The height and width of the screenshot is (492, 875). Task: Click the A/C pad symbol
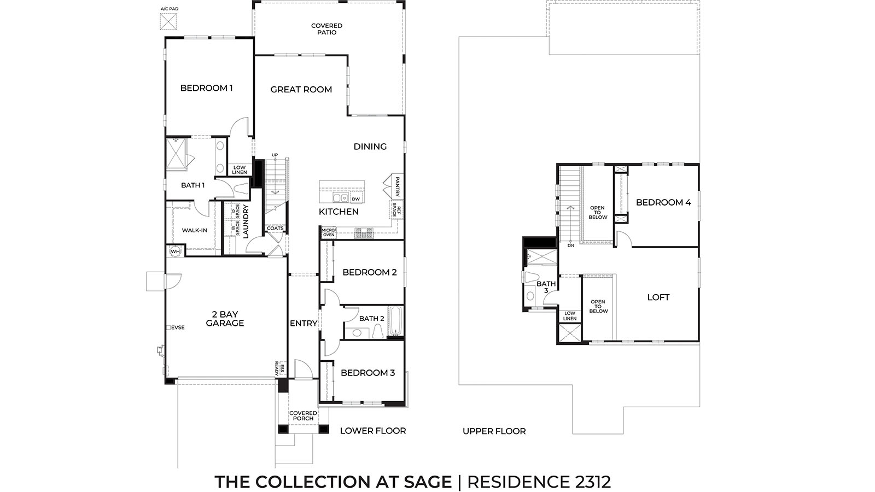pyautogui.click(x=168, y=21)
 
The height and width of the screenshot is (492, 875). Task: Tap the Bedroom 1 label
pyautogui.click(x=206, y=88)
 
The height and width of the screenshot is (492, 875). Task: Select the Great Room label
pyautogui.click(x=301, y=90)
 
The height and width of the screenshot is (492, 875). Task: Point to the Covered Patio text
pyautogui.click(x=326, y=29)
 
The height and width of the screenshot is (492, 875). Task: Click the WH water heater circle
pyautogui.click(x=176, y=251)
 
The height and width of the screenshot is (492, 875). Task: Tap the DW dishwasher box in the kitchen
pyautogui.click(x=355, y=199)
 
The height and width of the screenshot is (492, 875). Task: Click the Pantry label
pyautogui.click(x=398, y=186)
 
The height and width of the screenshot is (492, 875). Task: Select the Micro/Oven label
pyautogui.click(x=329, y=232)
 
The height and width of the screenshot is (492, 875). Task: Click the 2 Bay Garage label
pyautogui.click(x=225, y=319)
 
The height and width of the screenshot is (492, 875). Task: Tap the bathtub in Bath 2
pyautogui.click(x=395, y=321)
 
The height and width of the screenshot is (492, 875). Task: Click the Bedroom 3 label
pyautogui.click(x=367, y=373)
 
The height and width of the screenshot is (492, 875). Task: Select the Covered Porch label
pyautogui.click(x=303, y=415)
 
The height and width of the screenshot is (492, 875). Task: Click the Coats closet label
pyautogui.click(x=275, y=229)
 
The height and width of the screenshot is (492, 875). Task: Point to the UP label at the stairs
pyautogui.click(x=275, y=155)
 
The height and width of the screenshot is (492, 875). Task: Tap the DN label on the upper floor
pyautogui.click(x=571, y=245)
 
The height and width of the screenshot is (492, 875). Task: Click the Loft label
pyautogui.click(x=658, y=297)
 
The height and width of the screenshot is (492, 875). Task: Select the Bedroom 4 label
pyautogui.click(x=663, y=203)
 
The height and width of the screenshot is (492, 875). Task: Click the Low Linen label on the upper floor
pyautogui.click(x=570, y=316)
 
